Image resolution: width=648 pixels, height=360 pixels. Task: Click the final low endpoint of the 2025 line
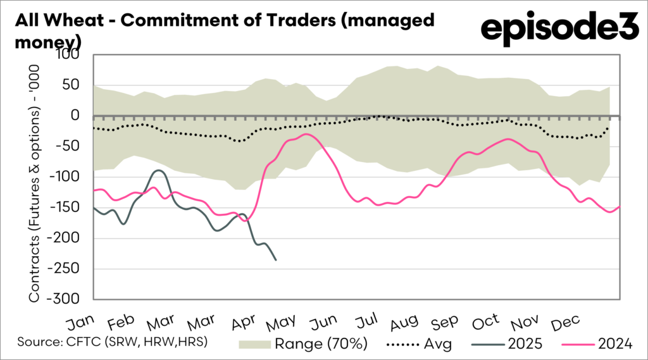coord(275,259)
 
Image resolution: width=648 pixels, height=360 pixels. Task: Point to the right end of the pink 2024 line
coord(620,206)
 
